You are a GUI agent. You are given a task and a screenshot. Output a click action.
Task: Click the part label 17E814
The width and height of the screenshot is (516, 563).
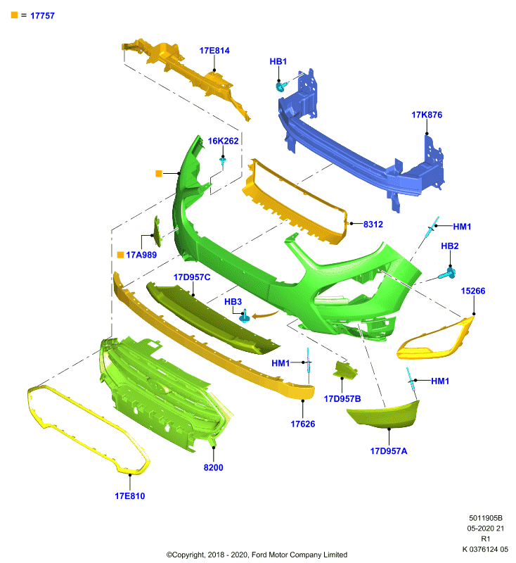(214, 51)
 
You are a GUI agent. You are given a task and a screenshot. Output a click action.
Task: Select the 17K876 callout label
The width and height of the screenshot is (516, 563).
(427, 115)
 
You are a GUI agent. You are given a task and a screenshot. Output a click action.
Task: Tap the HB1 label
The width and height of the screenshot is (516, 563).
(278, 61)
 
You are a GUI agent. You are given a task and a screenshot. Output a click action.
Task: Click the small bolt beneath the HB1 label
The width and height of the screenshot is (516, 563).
(281, 86)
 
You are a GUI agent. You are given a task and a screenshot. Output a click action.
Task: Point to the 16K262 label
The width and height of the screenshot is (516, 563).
(223, 141)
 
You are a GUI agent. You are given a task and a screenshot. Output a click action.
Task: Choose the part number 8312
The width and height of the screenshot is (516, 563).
(373, 224)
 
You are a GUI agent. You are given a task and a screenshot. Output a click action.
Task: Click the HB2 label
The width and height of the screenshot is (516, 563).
(450, 246)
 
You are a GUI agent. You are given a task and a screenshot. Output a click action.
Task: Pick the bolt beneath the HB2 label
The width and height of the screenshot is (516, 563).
(448, 274)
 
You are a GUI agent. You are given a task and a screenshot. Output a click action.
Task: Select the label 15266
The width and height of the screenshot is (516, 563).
(473, 291)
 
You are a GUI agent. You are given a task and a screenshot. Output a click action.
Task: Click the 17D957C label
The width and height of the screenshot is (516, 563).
(192, 277)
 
